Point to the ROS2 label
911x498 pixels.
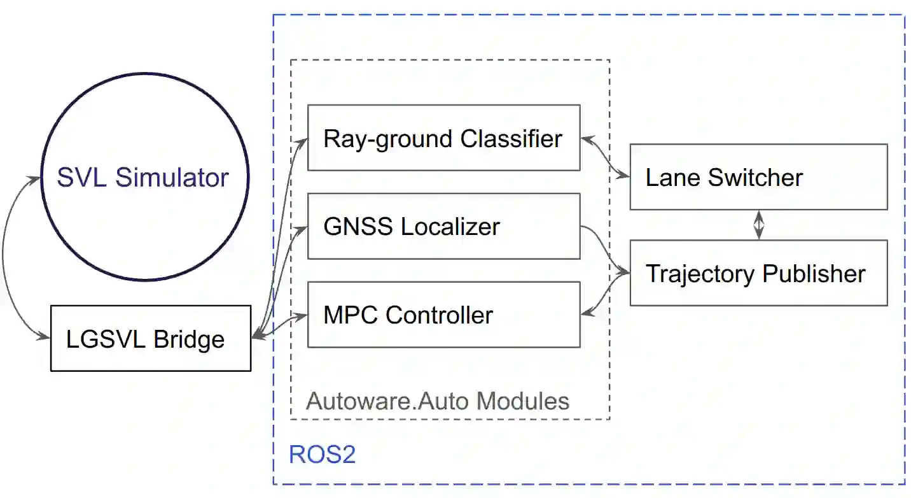322,455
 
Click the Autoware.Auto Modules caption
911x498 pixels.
438,401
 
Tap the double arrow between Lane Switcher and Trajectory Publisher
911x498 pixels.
758,225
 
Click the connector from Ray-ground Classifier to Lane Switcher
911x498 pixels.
605,157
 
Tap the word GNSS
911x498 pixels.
349,227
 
